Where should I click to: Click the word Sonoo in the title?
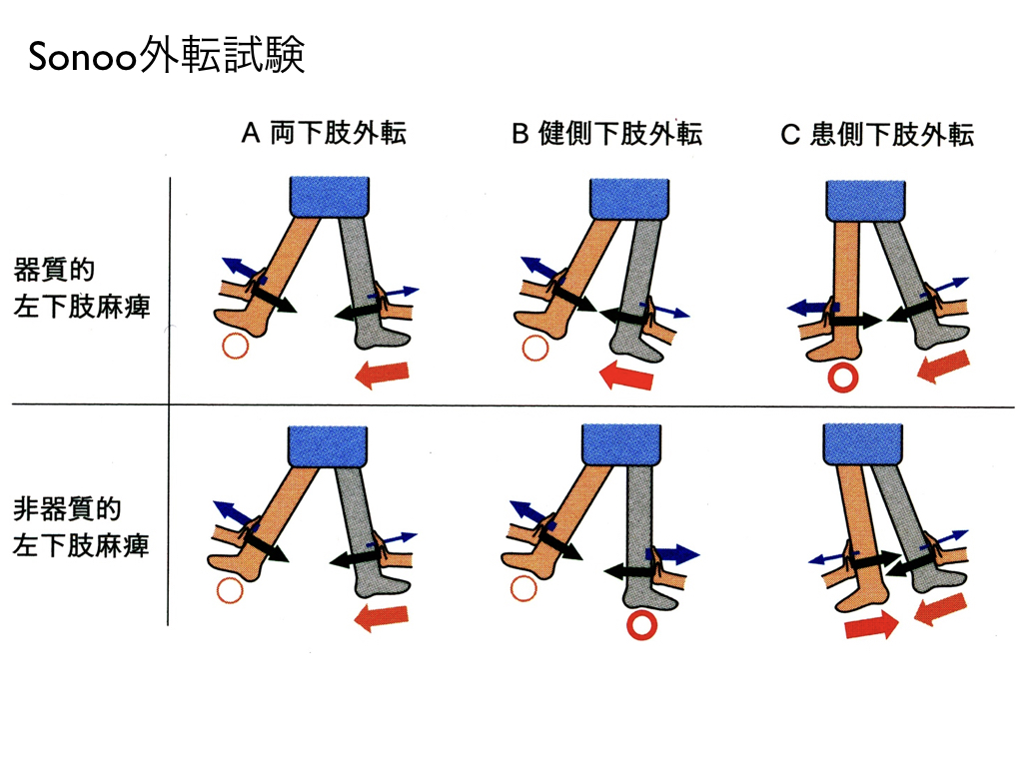pos(82,56)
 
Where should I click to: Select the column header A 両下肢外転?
pos(325,133)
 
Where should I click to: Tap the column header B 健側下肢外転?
pos(606,134)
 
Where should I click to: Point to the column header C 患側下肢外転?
pos(877,135)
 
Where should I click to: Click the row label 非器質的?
pos(67,509)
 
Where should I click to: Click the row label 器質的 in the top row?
pos(54,270)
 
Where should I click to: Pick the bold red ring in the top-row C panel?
pos(842,378)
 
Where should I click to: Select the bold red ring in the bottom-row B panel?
pos(641,625)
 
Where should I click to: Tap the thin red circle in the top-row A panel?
pos(235,346)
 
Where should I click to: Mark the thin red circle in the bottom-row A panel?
pos(229,591)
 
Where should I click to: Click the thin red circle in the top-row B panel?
pos(535,349)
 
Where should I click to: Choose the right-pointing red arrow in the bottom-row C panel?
pos(871,625)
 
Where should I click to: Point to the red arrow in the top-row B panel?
pos(625,377)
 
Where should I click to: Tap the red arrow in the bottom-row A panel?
pos(381,617)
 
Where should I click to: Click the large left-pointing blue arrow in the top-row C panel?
pos(809,308)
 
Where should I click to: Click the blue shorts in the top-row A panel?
pos(330,196)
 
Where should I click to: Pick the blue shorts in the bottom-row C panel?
pos(863,444)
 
